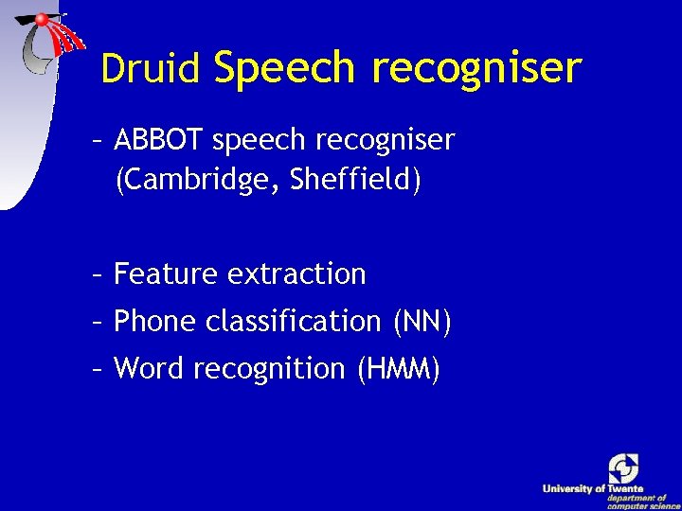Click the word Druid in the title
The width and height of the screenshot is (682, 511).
pyautogui.click(x=151, y=68)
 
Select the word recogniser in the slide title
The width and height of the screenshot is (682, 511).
pyautogui.click(x=476, y=68)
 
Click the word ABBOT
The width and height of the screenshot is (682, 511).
pyautogui.click(x=160, y=140)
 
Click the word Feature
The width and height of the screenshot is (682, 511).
pyautogui.click(x=166, y=274)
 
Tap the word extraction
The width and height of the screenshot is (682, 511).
pyautogui.click(x=297, y=274)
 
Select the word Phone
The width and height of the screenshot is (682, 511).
pyautogui.click(x=153, y=322)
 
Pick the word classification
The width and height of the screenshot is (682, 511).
pyautogui.click(x=292, y=322)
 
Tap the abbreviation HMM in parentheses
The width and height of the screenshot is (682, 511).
pyautogui.click(x=399, y=368)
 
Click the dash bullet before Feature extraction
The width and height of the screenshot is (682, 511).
pyautogui.click(x=98, y=275)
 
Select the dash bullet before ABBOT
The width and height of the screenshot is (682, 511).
pyautogui.click(x=98, y=141)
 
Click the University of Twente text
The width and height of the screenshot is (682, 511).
pyautogui.click(x=593, y=489)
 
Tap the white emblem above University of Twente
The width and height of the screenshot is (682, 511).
pyautogui.click(x=623, y=467)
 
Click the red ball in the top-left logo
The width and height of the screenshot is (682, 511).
pyautogui.click(x=42, y=19)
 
